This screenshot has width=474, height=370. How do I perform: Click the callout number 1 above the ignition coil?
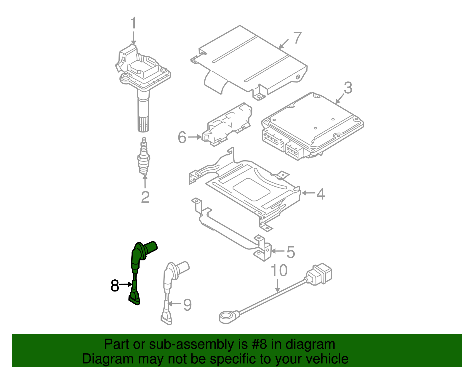pos(134,23)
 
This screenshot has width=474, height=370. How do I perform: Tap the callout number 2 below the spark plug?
pos(145,197)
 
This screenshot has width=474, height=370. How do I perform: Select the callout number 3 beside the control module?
pos(348,88)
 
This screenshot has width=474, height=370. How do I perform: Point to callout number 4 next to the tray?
pos(321,194)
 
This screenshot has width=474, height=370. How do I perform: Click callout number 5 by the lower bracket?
pos(291,252)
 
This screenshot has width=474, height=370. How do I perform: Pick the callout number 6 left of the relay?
pos(182,137)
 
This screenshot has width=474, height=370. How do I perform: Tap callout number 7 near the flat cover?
pos(297,38)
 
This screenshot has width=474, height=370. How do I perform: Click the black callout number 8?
pos(115,286)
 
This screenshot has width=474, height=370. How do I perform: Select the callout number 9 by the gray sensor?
pos(187,305)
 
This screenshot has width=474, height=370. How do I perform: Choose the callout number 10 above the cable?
pos(279,270)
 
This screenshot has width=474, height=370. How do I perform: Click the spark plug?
pos(144,157)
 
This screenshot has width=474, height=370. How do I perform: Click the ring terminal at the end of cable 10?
pos(227,317)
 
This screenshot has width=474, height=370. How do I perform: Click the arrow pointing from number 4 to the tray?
pos(308,193)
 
